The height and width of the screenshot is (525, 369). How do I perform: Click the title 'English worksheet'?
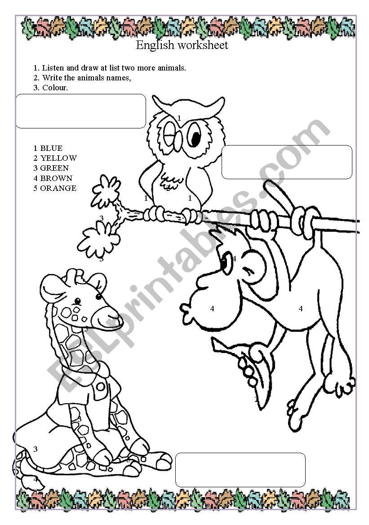(182, 45)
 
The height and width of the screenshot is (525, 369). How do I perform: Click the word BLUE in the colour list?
(51, 148)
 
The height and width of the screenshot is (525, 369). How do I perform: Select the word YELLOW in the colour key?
(58, 158)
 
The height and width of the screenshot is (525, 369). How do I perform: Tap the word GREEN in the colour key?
(54, 168)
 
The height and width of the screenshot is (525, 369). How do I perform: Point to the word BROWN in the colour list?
(56, 178)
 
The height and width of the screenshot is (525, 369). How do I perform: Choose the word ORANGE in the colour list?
(58, 188)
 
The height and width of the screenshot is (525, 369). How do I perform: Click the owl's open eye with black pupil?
(194, 135)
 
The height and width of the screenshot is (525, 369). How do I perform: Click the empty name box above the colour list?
(81, 111)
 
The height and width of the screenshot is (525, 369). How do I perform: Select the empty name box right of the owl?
(287, 162)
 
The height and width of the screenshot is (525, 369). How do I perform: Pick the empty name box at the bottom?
(240, 470)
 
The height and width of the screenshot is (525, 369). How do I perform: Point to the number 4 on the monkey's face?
(212, 309)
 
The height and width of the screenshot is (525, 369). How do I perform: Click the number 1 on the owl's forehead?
(179, 118)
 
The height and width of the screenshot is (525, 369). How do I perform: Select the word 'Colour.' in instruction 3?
(55, 88)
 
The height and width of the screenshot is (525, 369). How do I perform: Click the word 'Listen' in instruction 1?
(53, 68)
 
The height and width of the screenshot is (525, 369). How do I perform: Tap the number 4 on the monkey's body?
(301, 309)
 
